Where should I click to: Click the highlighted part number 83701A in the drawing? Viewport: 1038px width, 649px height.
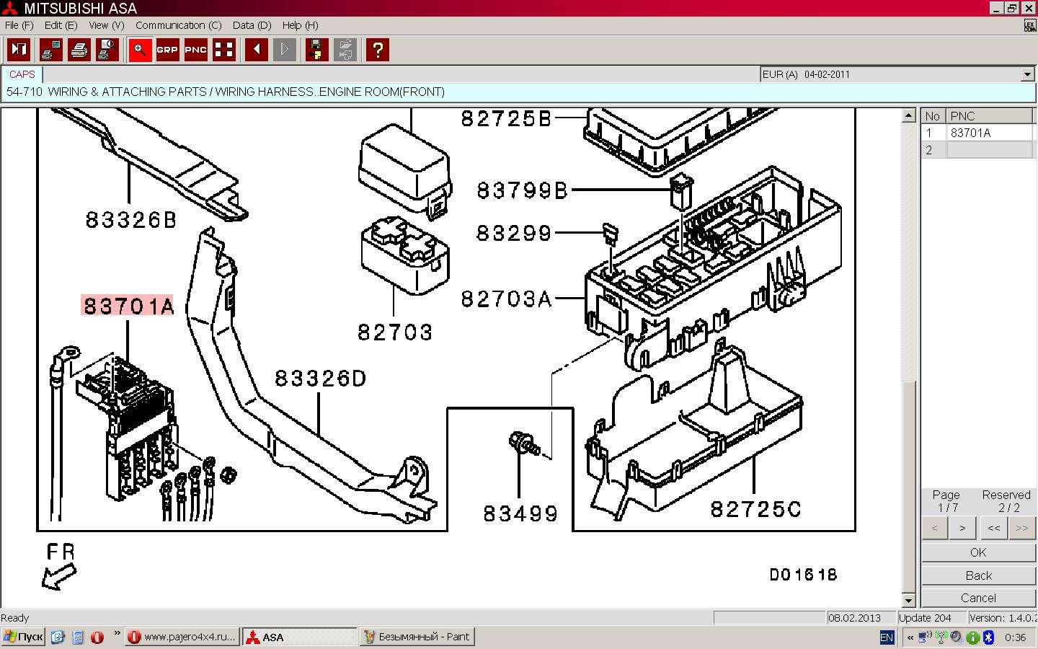(x=128, y=306)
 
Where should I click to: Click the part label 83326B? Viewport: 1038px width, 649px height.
(x=131, y=220)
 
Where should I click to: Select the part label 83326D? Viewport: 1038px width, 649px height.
(x=321, y=379)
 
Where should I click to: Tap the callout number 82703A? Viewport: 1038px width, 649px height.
(x=507, y=299)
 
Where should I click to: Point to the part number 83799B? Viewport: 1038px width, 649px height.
(x=522, y=190)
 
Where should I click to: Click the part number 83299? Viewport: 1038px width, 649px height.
(x=514, y=233)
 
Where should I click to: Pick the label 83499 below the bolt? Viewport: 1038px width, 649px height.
(x=520, y=513)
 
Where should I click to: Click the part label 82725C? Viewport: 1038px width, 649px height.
(x=755, y=509)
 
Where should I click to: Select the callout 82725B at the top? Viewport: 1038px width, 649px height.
(x=506, y=119)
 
